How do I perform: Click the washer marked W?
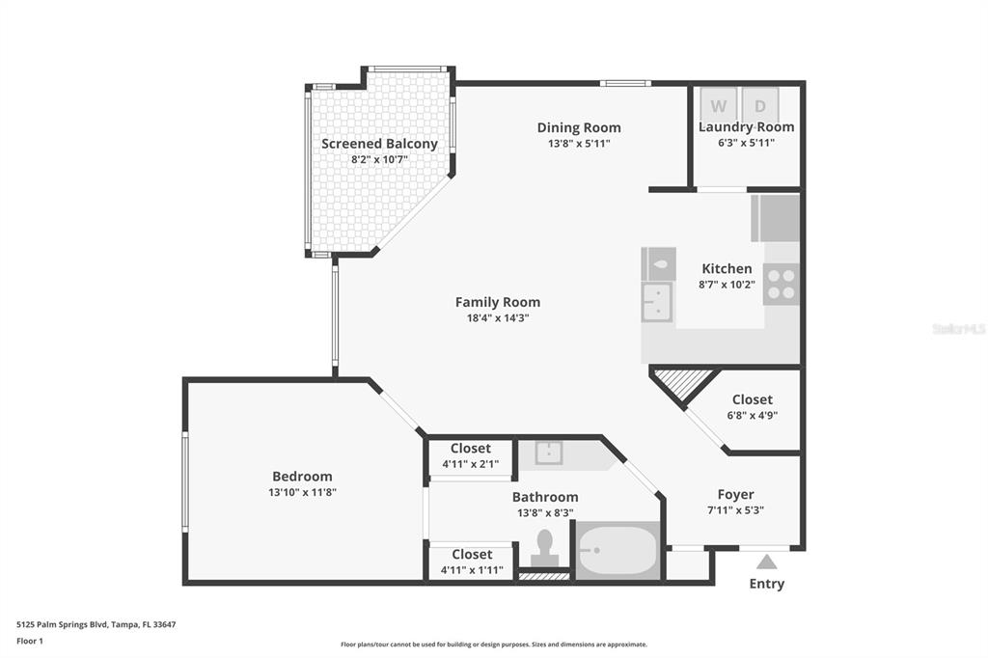(x=719, y=105)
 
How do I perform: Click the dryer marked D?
(x=760, y=105)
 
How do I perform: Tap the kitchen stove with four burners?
(x=782, y=285)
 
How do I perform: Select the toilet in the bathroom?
(x=544, y=548)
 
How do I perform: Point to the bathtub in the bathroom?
(x=618, y=551)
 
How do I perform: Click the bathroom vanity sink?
(x=549, y=452)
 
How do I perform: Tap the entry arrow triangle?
(x=766, y=562)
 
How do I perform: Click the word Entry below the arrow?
(x=767, y=584)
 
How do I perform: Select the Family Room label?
(x=498, y=302)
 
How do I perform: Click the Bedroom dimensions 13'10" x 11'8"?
(x=302, y=492)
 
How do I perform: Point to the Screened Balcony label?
(x=379, y=144)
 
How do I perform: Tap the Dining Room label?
(x=579, y=127)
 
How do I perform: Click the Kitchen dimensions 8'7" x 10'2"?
(x=727, y=285)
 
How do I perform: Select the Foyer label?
(x=735, y=494)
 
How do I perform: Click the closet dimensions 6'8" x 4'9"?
(x=753, y=415)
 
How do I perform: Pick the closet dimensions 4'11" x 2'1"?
(x=471, y=464)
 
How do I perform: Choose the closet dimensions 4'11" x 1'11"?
(x=472, y=570)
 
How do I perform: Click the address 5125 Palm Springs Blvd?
(x=62, y=624)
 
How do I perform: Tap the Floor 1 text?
(x=30, y=641)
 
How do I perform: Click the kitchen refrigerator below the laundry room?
(x=776, y=217)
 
